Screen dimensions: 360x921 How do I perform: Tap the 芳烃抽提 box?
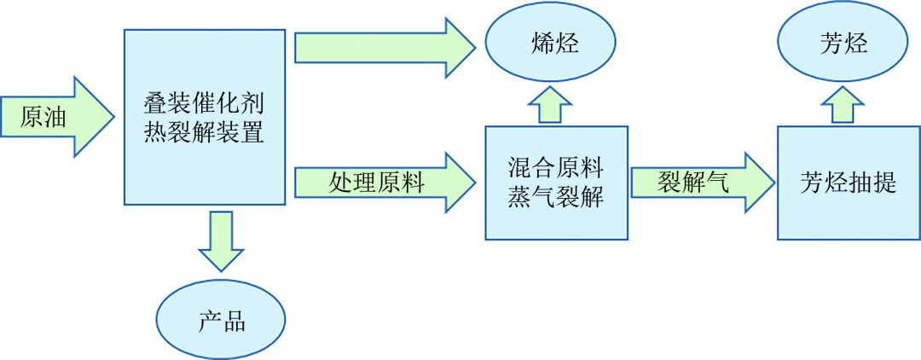tap(848, 183)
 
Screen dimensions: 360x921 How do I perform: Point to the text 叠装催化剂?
tap(204, 104)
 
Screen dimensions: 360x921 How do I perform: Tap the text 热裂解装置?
tap(204, 132)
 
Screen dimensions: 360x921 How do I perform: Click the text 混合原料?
tap(555, 168)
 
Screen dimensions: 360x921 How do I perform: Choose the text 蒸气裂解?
tap(555, 197)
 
